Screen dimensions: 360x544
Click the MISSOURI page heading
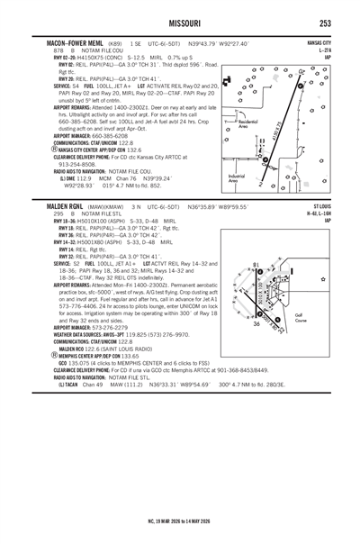click(180, 23)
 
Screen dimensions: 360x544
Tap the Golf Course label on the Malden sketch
click(320, 319)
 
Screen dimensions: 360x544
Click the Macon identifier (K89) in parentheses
click(115, 43)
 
